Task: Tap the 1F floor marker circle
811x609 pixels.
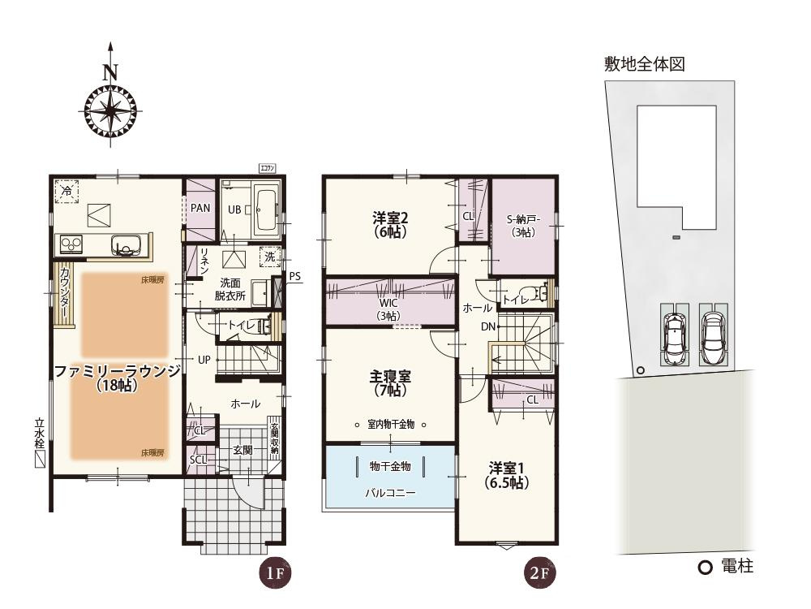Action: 274,573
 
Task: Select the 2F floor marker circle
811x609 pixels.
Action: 540,573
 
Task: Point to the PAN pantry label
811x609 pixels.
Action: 200,208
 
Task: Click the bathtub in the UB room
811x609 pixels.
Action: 267,209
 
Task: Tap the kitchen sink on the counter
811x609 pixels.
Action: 128,244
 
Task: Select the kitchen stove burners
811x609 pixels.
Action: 69,244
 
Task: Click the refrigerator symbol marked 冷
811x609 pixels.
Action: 66,192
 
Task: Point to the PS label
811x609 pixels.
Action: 295,276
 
